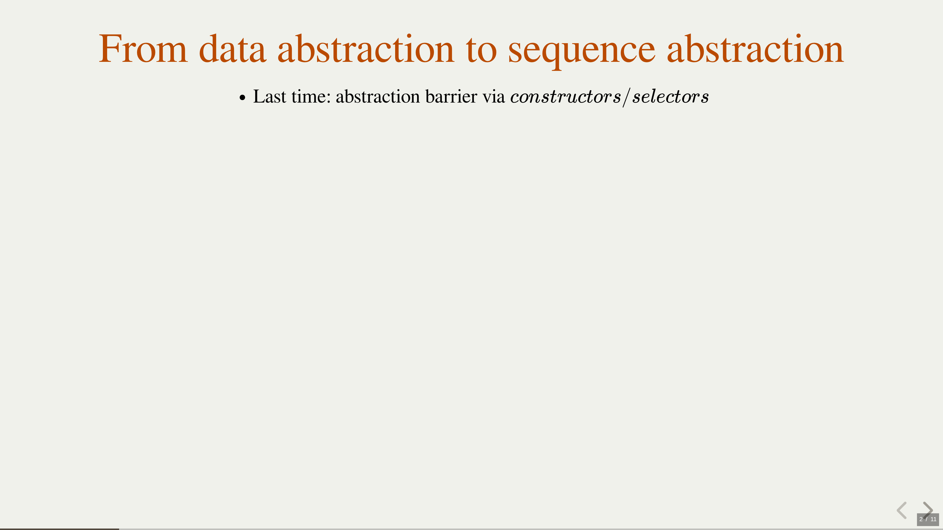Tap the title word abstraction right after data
point(366,49)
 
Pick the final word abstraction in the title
point(755,49)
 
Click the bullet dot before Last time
point(242,98)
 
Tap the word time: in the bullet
point(311,97)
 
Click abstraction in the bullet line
point(378,97)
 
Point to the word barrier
point(451,97)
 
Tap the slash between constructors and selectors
point(626,97)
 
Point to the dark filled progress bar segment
point(59,529)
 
